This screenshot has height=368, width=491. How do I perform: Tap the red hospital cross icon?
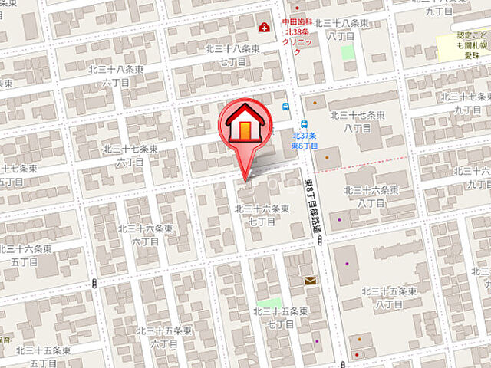click(265, 28)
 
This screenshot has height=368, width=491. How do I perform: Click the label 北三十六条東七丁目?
click(262, 215)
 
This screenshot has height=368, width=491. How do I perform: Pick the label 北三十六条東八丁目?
click(371, 195)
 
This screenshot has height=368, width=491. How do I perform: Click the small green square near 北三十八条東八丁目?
click(348, 53)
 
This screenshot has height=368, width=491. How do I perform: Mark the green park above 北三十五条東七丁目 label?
click(270, 303)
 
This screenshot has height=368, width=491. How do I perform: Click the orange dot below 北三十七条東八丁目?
click(328, 157)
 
